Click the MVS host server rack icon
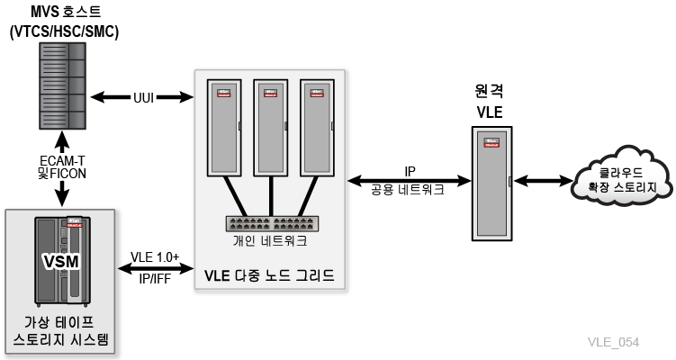coord(62,85)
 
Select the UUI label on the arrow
coord(143,97)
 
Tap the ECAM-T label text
coord(62,161)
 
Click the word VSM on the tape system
coord(61,261)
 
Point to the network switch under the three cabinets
coord(272,223)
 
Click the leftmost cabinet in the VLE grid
coord(224,128)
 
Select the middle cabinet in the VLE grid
coord(271,128)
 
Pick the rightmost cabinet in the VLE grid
coord(318,128)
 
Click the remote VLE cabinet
coord(491,184)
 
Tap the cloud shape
coord(622,176)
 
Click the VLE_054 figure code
coord(613,342)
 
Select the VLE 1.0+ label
coord(155,257)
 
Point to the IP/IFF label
coord(155,278)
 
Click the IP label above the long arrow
coord(410,172)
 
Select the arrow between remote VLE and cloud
coord(543,181)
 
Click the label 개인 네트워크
coord(270,240)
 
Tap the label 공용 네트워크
coord(408,190)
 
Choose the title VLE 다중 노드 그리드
coord(269,275)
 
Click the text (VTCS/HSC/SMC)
coord(64,31)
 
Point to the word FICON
coord(68,174)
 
